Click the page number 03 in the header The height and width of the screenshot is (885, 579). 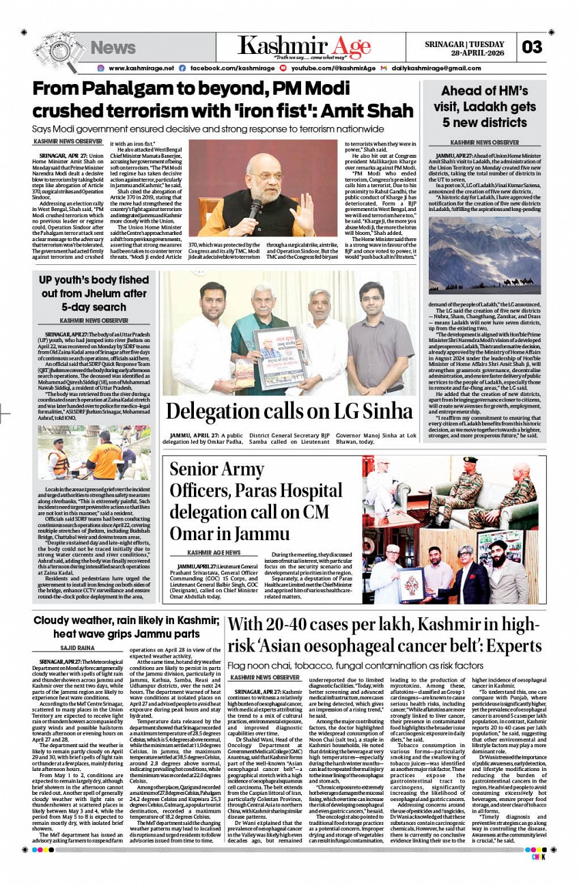532,47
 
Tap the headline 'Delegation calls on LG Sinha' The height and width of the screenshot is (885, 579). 289,411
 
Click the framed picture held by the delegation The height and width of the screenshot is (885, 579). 279,356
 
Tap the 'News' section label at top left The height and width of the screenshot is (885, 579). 113,48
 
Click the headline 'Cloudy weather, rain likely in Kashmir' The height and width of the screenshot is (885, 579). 126,627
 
